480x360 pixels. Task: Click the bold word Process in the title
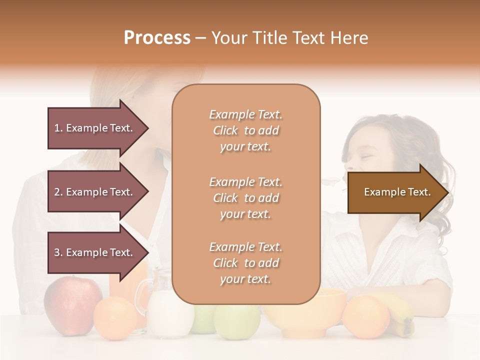pos(157,38)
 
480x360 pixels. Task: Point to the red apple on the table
pos(72,302)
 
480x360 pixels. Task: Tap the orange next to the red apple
pos(115,318)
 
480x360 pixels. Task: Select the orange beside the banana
pos(366,316)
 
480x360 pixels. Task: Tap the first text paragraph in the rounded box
pos(245,130)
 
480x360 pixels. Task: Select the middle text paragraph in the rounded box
pos(245,198)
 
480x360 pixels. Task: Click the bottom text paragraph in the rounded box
pos(245,263)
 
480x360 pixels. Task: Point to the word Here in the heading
pos(348,38)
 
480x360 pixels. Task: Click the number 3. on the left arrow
pos(58,252)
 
